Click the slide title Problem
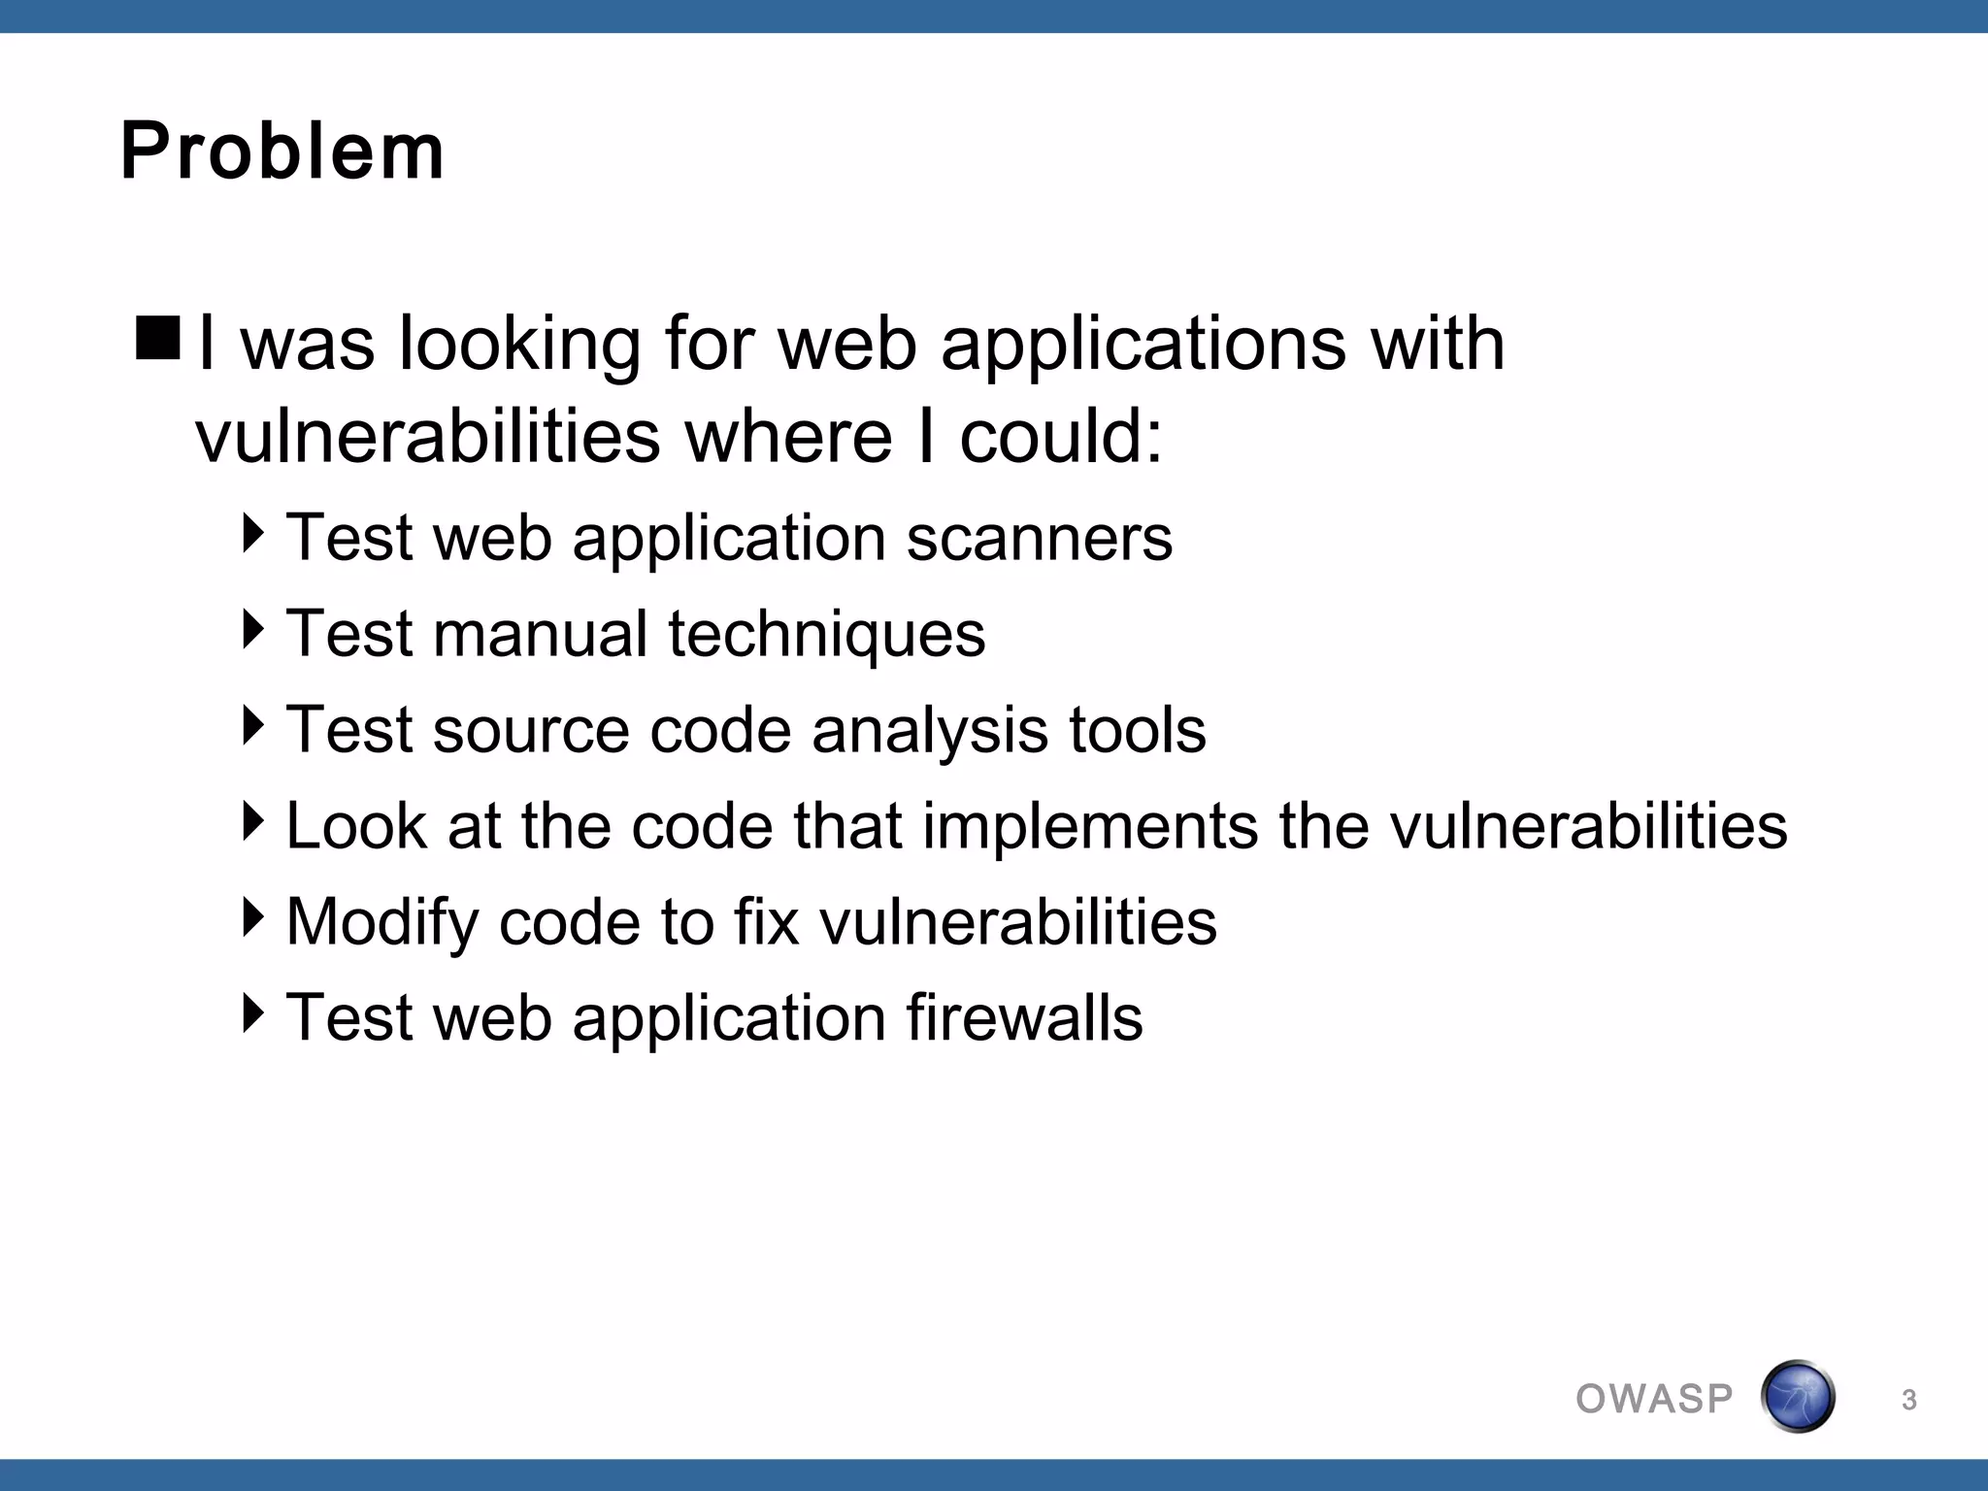(x=282, y=151)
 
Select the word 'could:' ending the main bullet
(x=1061, y=436)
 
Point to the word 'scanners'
(x=1039, y=538)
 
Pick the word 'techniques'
(x=826, y=634)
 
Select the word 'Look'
(x=356, y=826)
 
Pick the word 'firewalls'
(x=1024, y=1018)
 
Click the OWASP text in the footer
(x=1654, y=1399)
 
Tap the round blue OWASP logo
(x=1797, y=1397)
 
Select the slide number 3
(x=1908, y=1400)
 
